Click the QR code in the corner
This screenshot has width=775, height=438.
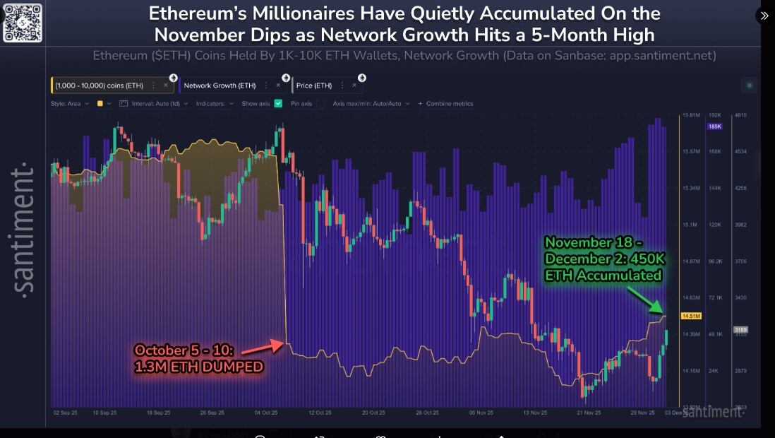[x=23, y=22]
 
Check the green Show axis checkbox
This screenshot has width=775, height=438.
[x=278, y=103]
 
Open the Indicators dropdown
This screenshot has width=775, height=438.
[x=215, y=103]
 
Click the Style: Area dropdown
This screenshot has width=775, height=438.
[x=69, y=103]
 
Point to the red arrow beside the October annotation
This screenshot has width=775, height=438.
[x=266, y=346]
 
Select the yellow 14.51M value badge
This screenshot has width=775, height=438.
[x=690, y=316]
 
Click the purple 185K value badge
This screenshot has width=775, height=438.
[x=714, y=126]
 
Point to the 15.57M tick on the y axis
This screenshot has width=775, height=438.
[x=691, y=151]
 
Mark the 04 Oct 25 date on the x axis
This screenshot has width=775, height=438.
[x=266, y=413]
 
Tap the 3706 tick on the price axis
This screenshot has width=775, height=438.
[x=740, y=261]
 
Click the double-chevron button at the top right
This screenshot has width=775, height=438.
[x=764, y=16]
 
